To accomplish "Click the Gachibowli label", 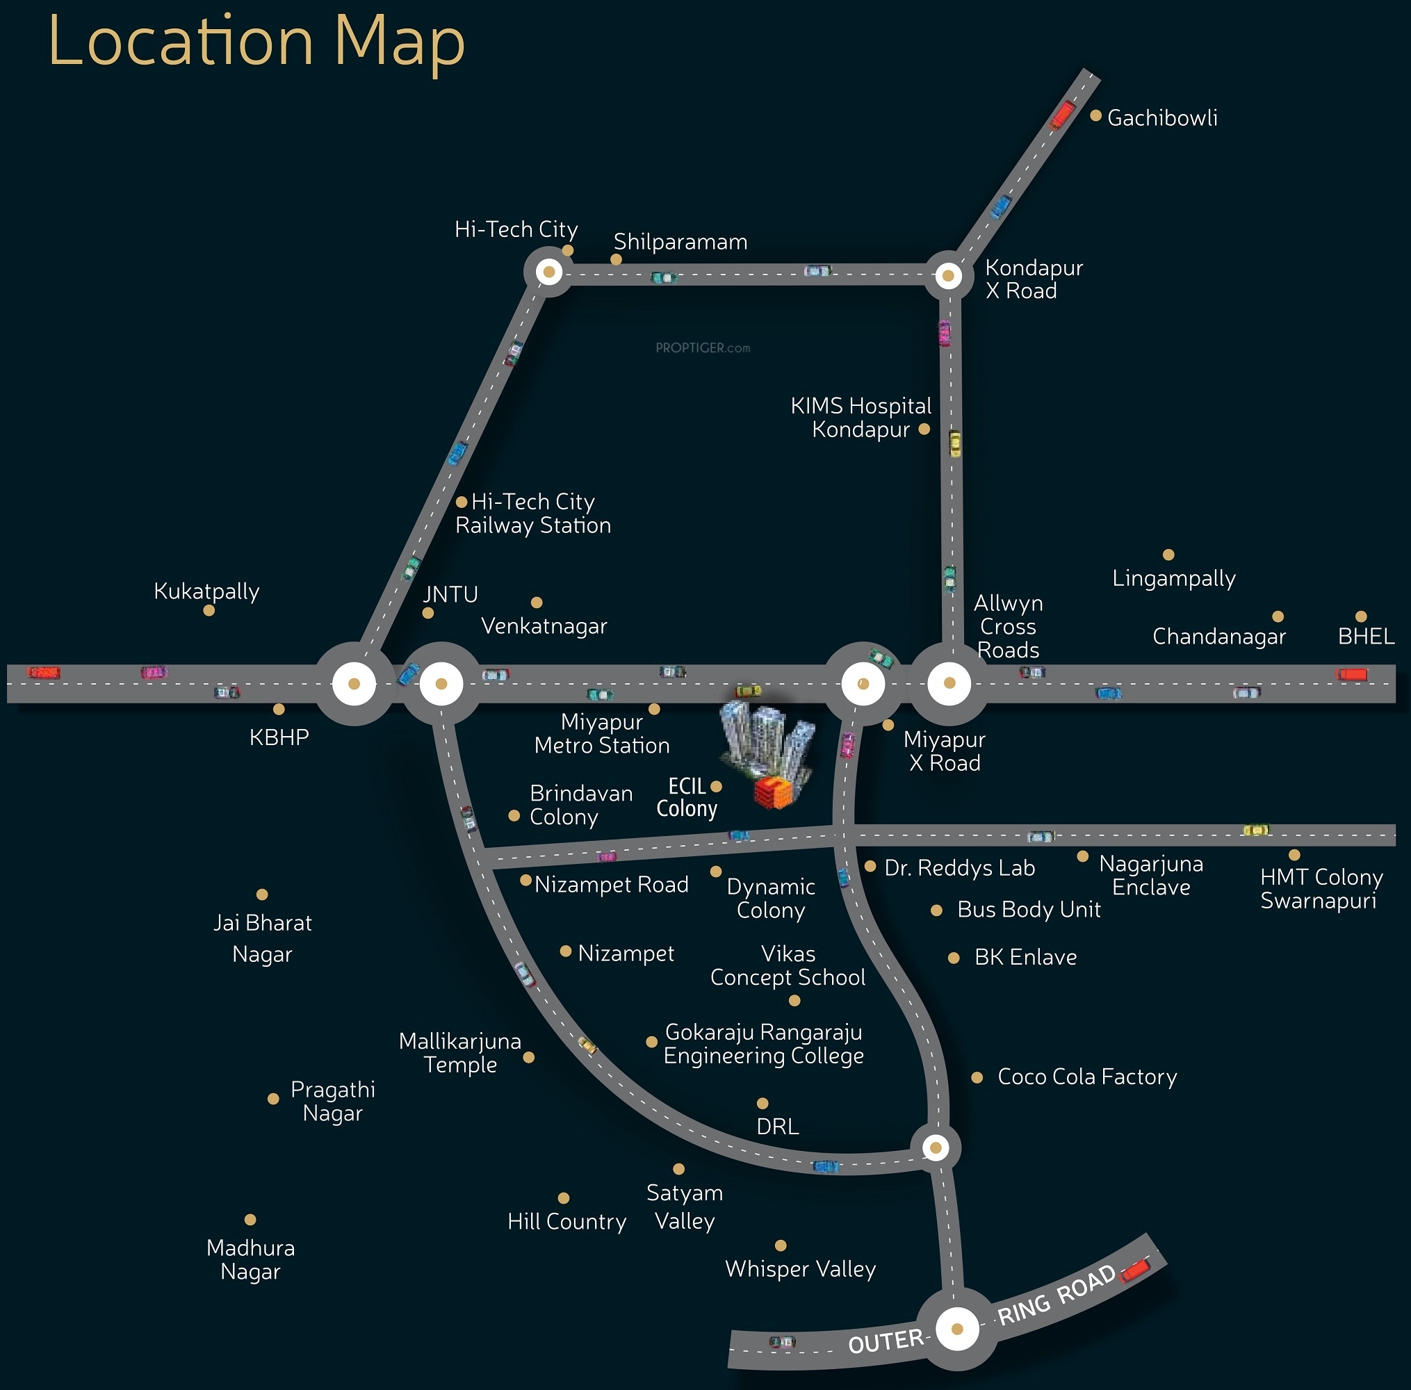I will (1162, 118).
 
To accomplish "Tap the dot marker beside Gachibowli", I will (1095, 115).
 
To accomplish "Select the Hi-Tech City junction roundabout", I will (549, 272).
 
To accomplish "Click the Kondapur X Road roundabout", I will (948, 275).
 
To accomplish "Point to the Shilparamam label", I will (680, 242).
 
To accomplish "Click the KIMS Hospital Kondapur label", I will (861, 418).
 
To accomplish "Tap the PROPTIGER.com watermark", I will (703, 348).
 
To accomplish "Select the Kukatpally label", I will (206, 591).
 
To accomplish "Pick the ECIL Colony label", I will (687, 797).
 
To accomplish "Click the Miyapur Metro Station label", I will (601, 734).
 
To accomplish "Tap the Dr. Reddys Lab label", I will (959, 868).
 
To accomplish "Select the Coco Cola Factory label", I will (1087, 1077).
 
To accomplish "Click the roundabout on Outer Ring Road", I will (957, 1329).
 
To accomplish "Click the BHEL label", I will (1366, 637).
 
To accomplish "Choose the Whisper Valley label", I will (800, 1270).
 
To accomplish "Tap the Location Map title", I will (256, 42).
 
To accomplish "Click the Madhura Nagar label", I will (250, 1260).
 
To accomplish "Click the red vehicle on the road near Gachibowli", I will (1062, 115).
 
